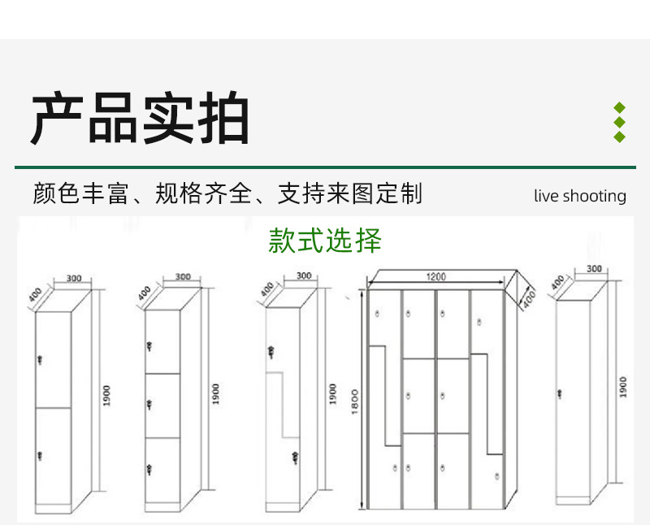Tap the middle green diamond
(x=619, y=122)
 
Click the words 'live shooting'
(x=580, y=196)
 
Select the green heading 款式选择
(x=325, y=241)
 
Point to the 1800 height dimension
(x=355, y=398)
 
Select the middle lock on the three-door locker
(x=149, y=405)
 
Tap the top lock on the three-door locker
(x=149, y=347)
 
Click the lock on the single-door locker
(x=560, y=394)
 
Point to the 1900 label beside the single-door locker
(x=623, y=386)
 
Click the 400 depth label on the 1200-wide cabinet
(x=527, y=297)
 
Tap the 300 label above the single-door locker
(x=593, y=269)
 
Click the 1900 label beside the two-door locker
(x=106, y=396)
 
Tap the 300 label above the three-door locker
(x=183, y=277)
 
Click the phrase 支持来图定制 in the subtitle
(x=350, y=194)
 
